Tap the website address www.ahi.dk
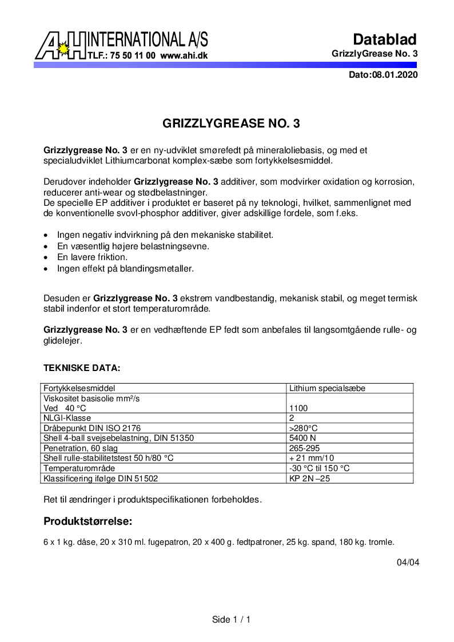click(x=184, y=56)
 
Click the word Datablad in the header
click(x=384, y=39)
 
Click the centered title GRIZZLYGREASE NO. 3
click(x=231, y=123)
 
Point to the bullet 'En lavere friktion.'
click(x=92, y=257)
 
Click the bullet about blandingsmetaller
click(x=125, y=268)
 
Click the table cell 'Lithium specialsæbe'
click(x=327, y=388)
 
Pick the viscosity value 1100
click(x=298, y=408)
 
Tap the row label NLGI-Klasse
click(x=67, y=418)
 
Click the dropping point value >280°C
click(x=304, y=428)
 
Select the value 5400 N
click(x=303, y=438)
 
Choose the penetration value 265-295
click(x=305, y=448)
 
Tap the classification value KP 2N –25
click(x=309, y=478)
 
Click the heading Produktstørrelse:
click(x=88, y=521)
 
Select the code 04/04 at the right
click(x=408, y=562)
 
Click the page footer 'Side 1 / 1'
click(x=231, y=620)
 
